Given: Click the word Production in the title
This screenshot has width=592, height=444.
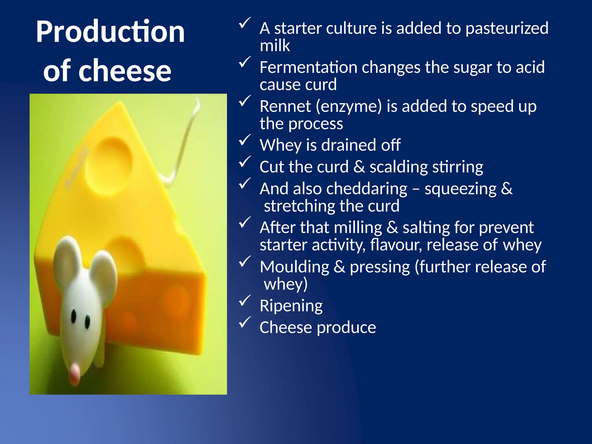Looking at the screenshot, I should click(110, 32).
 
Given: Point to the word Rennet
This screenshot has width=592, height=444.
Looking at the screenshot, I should click(285, 106).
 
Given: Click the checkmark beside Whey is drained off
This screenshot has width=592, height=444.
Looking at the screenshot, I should click(244, 140).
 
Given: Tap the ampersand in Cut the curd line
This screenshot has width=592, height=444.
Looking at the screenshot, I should click(359, 167).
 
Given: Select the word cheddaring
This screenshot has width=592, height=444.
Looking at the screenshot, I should click(367, 189).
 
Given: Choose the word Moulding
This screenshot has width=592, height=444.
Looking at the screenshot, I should click(294, 267).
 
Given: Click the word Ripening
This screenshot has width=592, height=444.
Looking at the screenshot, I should click(291, 306).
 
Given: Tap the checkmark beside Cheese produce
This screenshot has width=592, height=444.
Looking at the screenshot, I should click(244, 323).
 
